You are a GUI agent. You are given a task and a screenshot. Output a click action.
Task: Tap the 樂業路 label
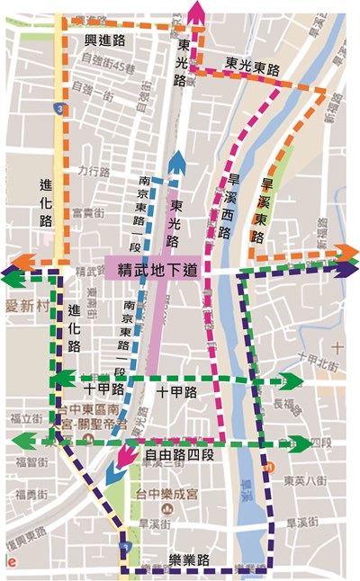pyautogui.click(x=189, y=560)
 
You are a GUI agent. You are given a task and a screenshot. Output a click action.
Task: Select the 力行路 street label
pyautogui.click(x=93, y=168)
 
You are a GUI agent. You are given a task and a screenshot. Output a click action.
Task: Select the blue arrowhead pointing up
pyautogui.click(x=178, y=162)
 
